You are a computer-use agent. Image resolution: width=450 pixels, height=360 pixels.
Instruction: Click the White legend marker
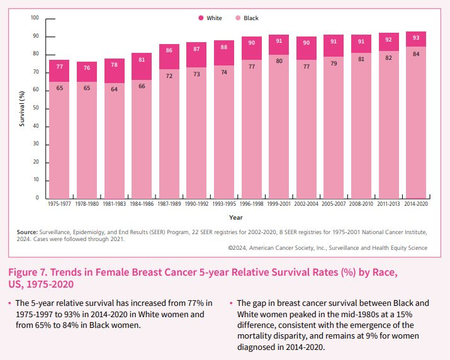click(201, 18)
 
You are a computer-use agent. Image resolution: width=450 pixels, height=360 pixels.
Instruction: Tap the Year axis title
click(235, 217)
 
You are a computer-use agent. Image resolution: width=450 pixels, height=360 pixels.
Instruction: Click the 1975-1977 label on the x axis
click(59, 204)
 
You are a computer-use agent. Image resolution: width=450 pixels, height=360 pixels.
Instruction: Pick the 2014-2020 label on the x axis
click(416, 204)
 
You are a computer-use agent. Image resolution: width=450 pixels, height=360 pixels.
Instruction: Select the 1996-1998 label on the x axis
click(251, 204)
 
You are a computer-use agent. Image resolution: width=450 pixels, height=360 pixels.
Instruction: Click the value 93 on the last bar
click(416, 38)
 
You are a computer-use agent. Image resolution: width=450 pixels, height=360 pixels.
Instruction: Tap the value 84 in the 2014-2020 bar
click(416, 54)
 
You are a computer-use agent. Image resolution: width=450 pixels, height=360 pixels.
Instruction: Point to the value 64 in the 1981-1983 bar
click(115, 89)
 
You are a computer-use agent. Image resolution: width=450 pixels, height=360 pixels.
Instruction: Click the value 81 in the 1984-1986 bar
click(142, 60)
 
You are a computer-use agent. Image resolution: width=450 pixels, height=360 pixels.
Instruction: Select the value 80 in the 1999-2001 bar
click(279, 61)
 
